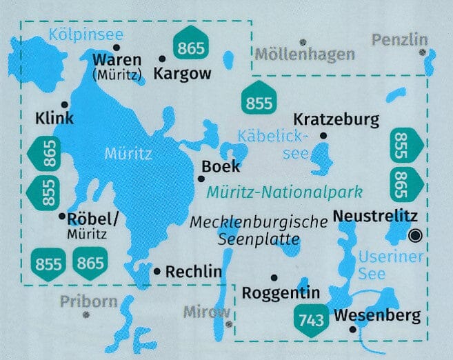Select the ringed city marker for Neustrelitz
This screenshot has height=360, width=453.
click(x=414, y=235)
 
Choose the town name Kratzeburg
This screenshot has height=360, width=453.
click(x=336, y=120)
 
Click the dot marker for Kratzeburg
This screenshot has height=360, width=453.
click(x=323, y=135)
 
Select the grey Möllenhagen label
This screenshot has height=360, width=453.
click(x=305, y=54)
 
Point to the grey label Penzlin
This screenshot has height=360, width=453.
click(x=399, y=41)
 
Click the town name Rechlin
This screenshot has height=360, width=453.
click(x=194, y=272)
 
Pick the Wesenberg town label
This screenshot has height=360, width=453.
click(x=376, y=317)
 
